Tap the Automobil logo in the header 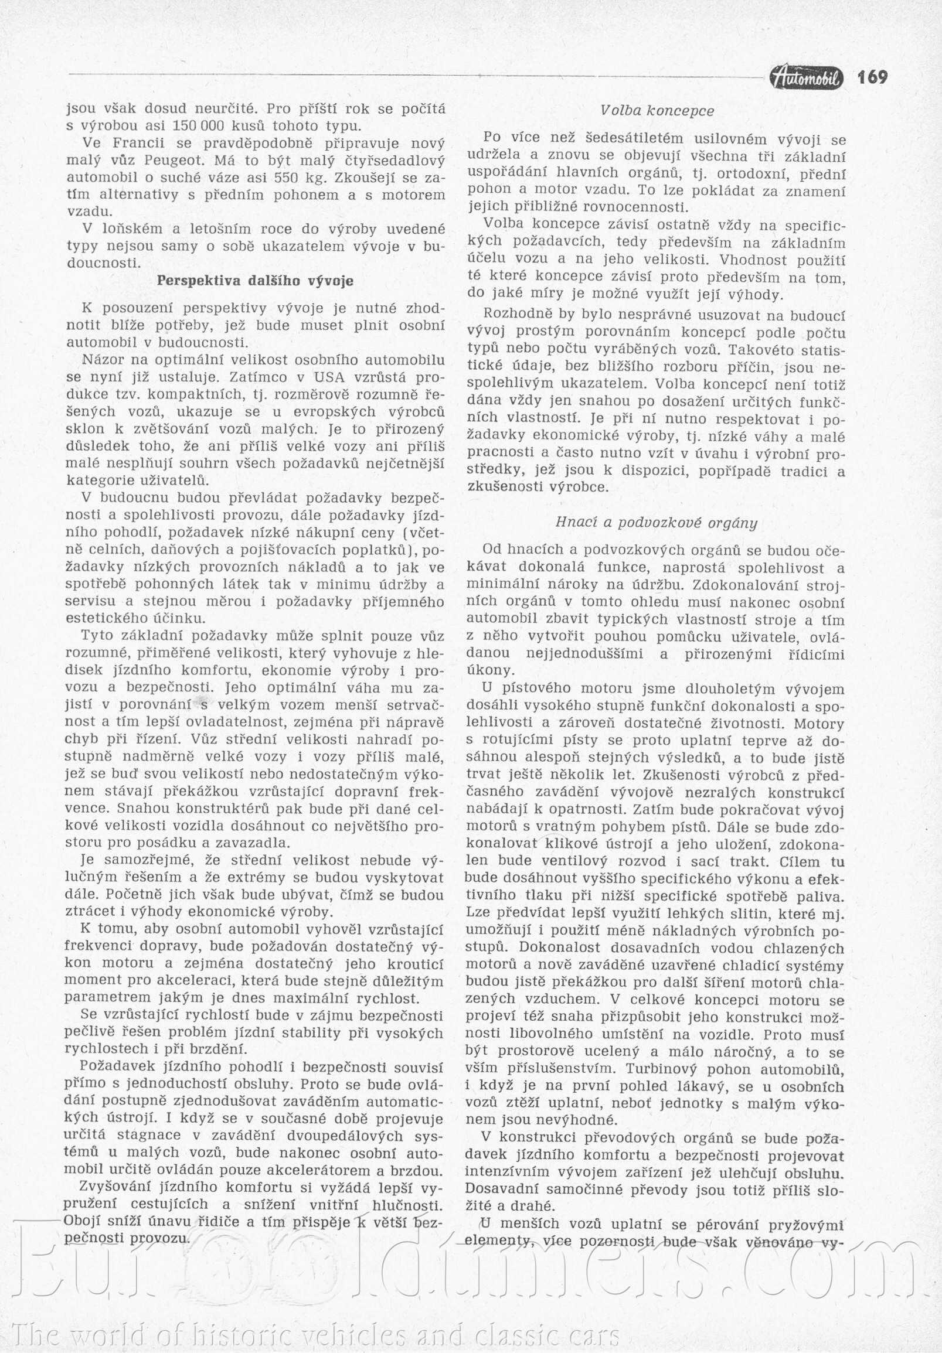[x=807, y=78]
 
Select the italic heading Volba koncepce [x=657, y=110]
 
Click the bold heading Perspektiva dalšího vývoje [x=255, y=281]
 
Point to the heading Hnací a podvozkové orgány [x=656, y=523]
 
